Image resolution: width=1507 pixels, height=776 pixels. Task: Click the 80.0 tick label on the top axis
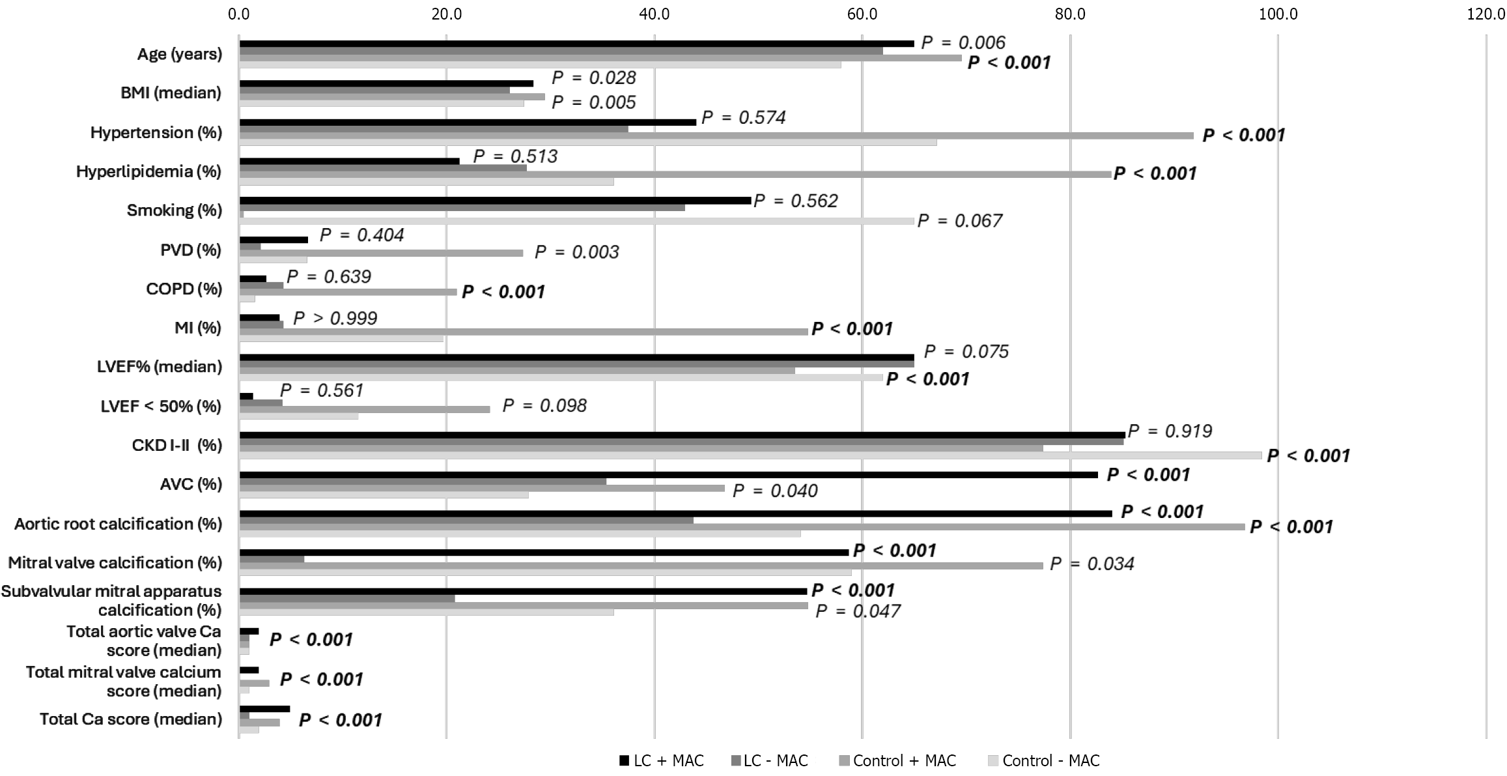pyautogui.click(x=1069, y=14)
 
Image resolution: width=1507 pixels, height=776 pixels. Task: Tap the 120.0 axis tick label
pyautogui.click(x=1485, y=14)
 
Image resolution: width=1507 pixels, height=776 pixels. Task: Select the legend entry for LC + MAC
pyautogui.click(x=661, y=760)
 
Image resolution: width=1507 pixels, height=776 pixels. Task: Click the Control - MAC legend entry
pyautogui.click(x=1043, y=760)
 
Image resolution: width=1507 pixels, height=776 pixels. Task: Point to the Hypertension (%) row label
pyautogui.click(x=156, y=132)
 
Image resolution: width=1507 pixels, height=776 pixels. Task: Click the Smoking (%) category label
pyautogui.click(x=174, y=210)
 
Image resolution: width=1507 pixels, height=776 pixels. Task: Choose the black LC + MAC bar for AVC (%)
pyautogui.click(x=668, y=475)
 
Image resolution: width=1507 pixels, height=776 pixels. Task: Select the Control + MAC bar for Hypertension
pyautogui.click(x=716, y=136)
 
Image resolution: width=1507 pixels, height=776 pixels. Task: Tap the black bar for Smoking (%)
pyautogui.click(x=495, y=201)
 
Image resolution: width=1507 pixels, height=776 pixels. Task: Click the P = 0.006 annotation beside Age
pyautogui.click(x=963, y=42)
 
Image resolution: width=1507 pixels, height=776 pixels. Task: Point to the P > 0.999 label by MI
pyautogui.click(x=335, y=318)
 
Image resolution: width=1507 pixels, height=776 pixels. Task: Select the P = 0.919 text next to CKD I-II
pyautogui.click(x=1170, y=431)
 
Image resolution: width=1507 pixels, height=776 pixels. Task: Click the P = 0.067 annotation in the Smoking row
pyautogui.click(x=959, y=221)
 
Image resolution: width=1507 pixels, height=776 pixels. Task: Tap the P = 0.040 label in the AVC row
pyautogui.click(x=774, y=491)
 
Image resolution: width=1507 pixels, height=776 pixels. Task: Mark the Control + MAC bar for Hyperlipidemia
pyautogui.click(x=675, y=175)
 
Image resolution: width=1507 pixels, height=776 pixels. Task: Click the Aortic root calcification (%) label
pyautogui.click(x=118, y=524)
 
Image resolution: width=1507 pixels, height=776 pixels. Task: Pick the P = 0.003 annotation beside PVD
pyautogui.click(x=576, y=252)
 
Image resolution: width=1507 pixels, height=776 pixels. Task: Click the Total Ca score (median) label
pyautogui.click(x=130, y=719)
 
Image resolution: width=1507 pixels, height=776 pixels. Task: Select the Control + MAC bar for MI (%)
pyautogui.click(x=524, y=332)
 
